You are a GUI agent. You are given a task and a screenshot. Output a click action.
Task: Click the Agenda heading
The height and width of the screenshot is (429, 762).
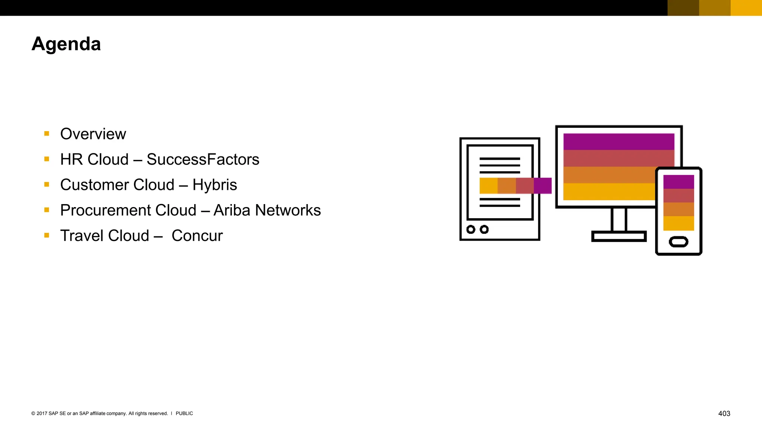click(x=66, y=44)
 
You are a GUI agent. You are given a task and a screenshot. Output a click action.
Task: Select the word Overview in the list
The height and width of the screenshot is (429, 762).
click(x=93, y=134)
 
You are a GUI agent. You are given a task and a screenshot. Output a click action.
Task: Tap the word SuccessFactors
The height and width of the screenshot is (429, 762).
click(x=203, y=159)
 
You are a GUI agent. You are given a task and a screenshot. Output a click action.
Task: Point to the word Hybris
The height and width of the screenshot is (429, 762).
click(x=215, y=185)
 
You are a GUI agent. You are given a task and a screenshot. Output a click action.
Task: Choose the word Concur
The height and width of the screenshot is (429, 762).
click(x=197, y=236)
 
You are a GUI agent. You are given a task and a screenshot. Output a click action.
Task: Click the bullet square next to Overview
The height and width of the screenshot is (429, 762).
click(x=47, y=134)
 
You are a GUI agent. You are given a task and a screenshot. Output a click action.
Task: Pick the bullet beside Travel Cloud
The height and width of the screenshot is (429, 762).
click(x=47, y=235)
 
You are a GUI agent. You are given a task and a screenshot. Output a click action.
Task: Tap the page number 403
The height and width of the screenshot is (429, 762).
click(x=724, y=413)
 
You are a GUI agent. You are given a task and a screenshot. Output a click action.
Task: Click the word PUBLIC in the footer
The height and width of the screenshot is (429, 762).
click(x=184, y=413)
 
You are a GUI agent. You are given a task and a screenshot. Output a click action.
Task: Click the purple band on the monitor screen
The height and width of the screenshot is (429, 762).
click(x=618, y=142)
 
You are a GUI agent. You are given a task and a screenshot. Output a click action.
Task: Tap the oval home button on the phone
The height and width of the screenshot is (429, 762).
click(x=678, y=242)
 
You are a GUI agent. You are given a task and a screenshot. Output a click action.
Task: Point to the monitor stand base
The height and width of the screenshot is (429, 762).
click(x=619, y=236)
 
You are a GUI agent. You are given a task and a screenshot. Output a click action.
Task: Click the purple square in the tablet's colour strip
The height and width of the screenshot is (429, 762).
click(x=542, y=186)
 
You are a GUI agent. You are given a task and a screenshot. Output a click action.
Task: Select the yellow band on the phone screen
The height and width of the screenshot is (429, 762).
click(x=678, y=223)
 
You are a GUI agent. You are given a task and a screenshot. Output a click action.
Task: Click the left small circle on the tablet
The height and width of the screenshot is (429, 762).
click(x=471, y=229)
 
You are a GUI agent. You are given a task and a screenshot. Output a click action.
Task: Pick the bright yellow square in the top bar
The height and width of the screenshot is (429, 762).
click(x=746, y=8)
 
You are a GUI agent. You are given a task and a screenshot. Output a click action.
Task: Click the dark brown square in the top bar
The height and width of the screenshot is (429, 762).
click(x=683, y=8)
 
